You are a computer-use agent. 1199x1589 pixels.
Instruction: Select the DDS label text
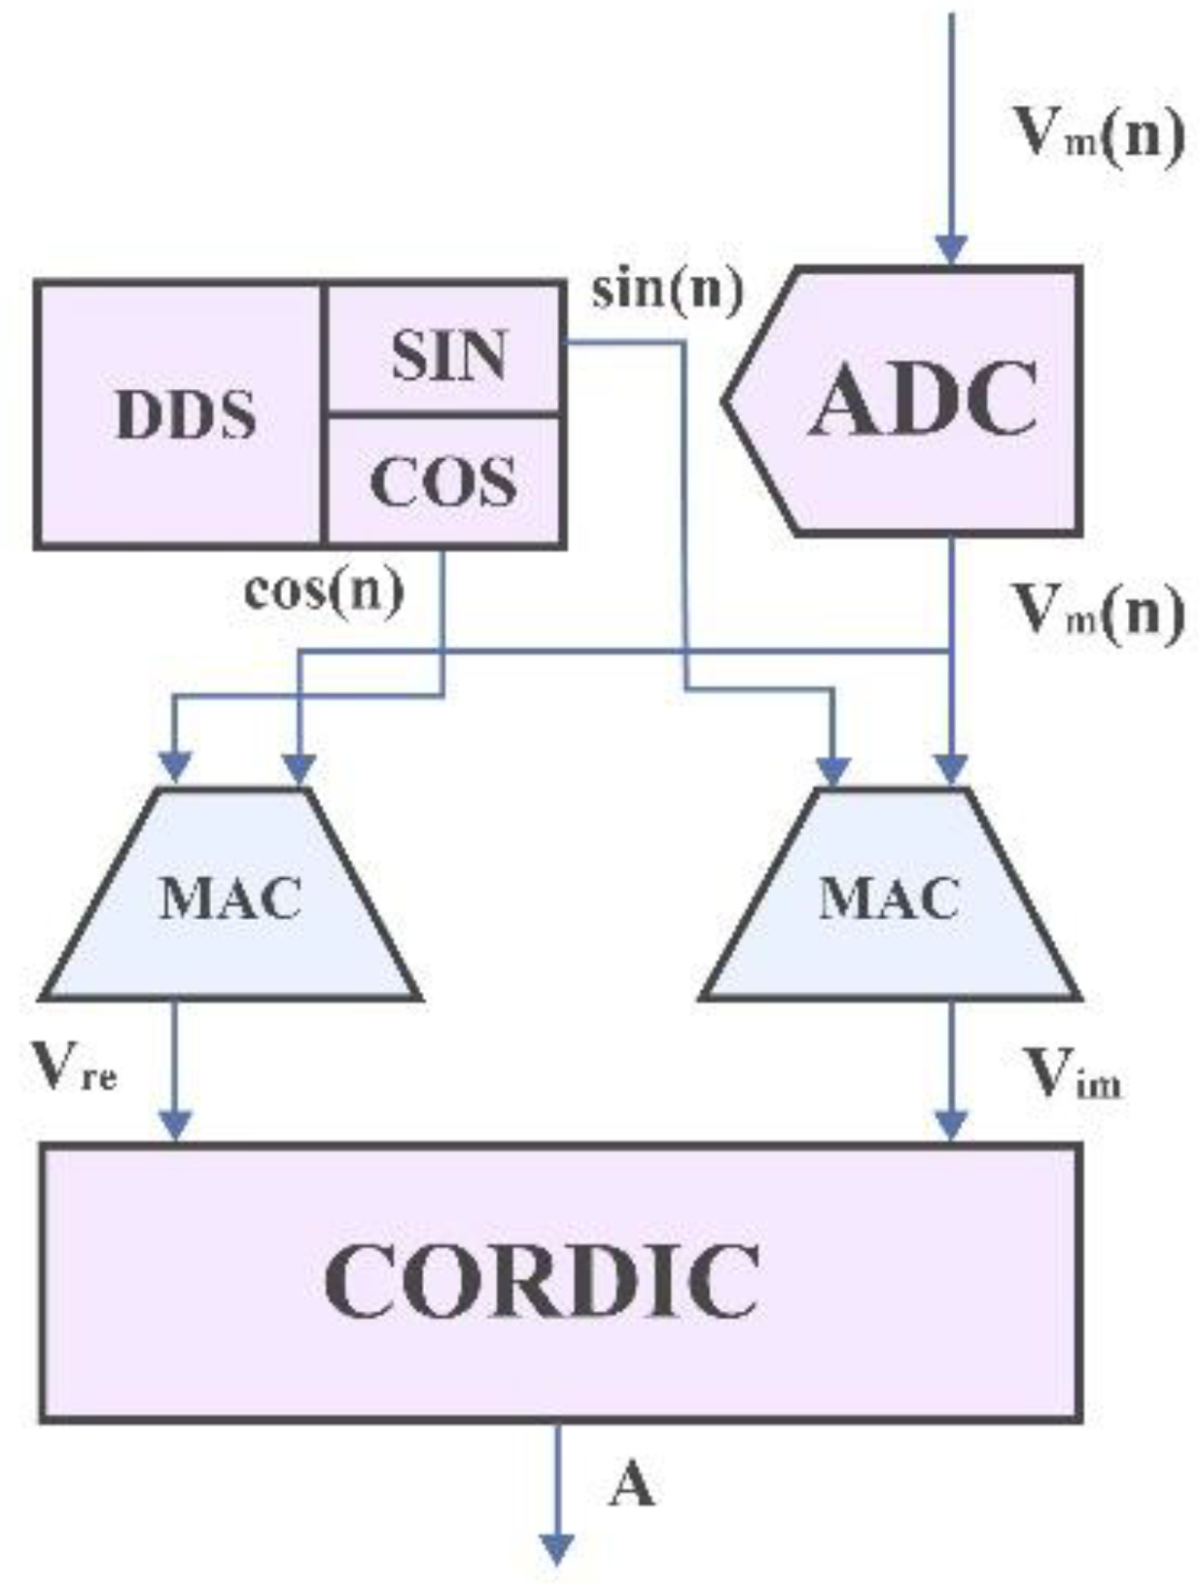point(185,416)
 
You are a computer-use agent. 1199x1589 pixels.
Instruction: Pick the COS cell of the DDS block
point(444,481)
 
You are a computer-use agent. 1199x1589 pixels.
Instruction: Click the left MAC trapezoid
point(230,897)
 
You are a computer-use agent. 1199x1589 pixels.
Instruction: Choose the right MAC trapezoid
point(889,897)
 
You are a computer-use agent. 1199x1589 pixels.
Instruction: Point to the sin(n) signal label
point(667,290)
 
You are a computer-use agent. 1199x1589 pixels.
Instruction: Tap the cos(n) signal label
point(324,591)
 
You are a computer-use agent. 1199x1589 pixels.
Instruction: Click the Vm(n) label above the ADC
point(1099,136)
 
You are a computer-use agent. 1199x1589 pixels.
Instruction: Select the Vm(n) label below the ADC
point(1099,613)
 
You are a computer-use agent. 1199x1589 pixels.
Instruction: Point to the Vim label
point(1074,1075)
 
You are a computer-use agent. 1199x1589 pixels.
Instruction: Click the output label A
point(632,1485)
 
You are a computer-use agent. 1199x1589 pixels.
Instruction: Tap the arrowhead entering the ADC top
point(951,249)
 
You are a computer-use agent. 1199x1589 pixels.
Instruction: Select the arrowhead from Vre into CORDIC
point(175,1125)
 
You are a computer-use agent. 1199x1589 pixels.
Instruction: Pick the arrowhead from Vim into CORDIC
point(951,1125)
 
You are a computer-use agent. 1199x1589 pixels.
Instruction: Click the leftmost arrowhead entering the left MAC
point(175,767)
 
